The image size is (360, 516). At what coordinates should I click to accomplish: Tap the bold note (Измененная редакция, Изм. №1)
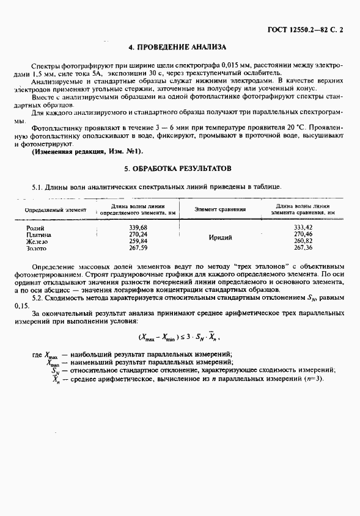click(86, 151)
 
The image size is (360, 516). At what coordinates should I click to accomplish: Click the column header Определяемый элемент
click(56, 209)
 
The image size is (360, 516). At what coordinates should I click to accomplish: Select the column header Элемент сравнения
click(220, 209)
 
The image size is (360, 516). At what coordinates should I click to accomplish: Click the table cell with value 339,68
click(139, 227)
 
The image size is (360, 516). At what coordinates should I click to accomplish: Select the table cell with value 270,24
click(139, 234)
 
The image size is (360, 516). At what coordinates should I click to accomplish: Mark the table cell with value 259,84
click(139, 241)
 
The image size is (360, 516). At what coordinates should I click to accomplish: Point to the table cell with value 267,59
click(139, 248)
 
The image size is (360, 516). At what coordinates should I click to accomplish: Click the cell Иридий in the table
click(220, 238)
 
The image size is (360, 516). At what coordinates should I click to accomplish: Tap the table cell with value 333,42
click(303, 227)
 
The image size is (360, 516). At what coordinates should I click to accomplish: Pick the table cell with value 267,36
click(303, 248)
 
